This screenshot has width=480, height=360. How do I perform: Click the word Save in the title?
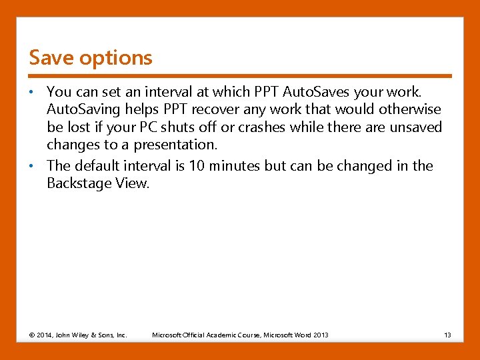(x=51, y=58)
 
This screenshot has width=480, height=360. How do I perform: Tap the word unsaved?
(x=416, y=127)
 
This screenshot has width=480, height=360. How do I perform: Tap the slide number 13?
(x=447, y=335)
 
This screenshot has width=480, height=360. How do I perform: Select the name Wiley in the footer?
(x=84, y=335)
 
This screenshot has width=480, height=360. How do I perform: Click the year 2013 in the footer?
(x=320, y=335)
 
